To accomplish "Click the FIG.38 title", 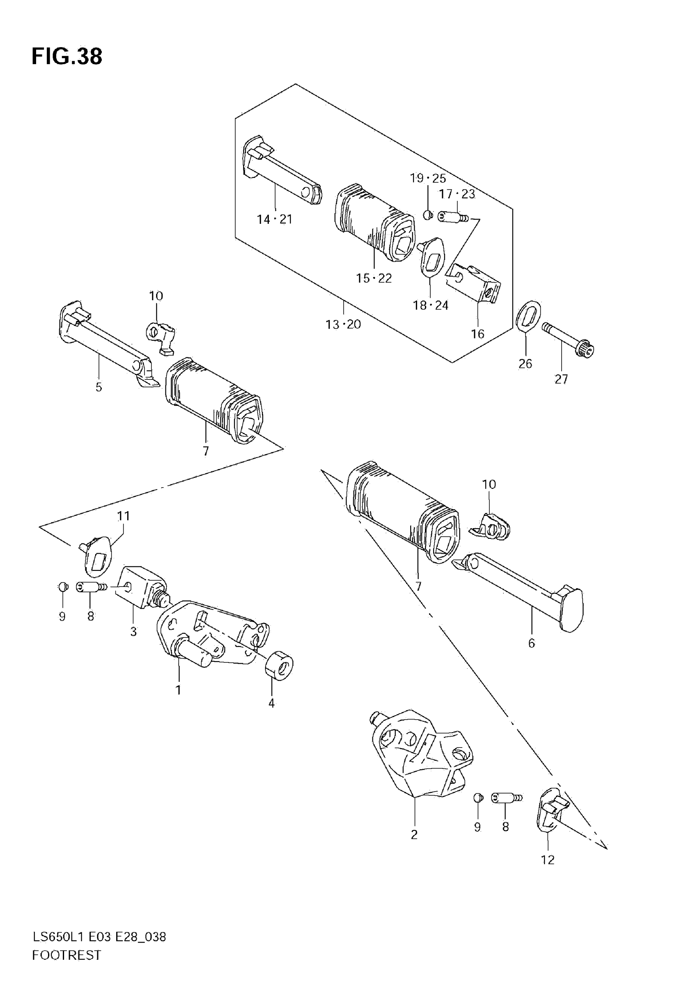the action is click(x=67, y=56).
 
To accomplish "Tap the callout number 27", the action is click(x=561, y=379).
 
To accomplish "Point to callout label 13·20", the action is click(x=343, y=324).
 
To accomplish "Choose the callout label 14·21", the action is click(x=275, y=219).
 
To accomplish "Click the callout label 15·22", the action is click(x=374, y=278).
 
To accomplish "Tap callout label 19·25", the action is click(x=427, y=178).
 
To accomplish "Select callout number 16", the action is click(x=478, y=334).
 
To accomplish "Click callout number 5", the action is click(x=99, y=387).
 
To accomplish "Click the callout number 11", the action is click(x=124, y=515).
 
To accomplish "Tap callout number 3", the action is click(x=133, y=632).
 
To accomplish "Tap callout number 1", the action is click(x=178, y=690).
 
